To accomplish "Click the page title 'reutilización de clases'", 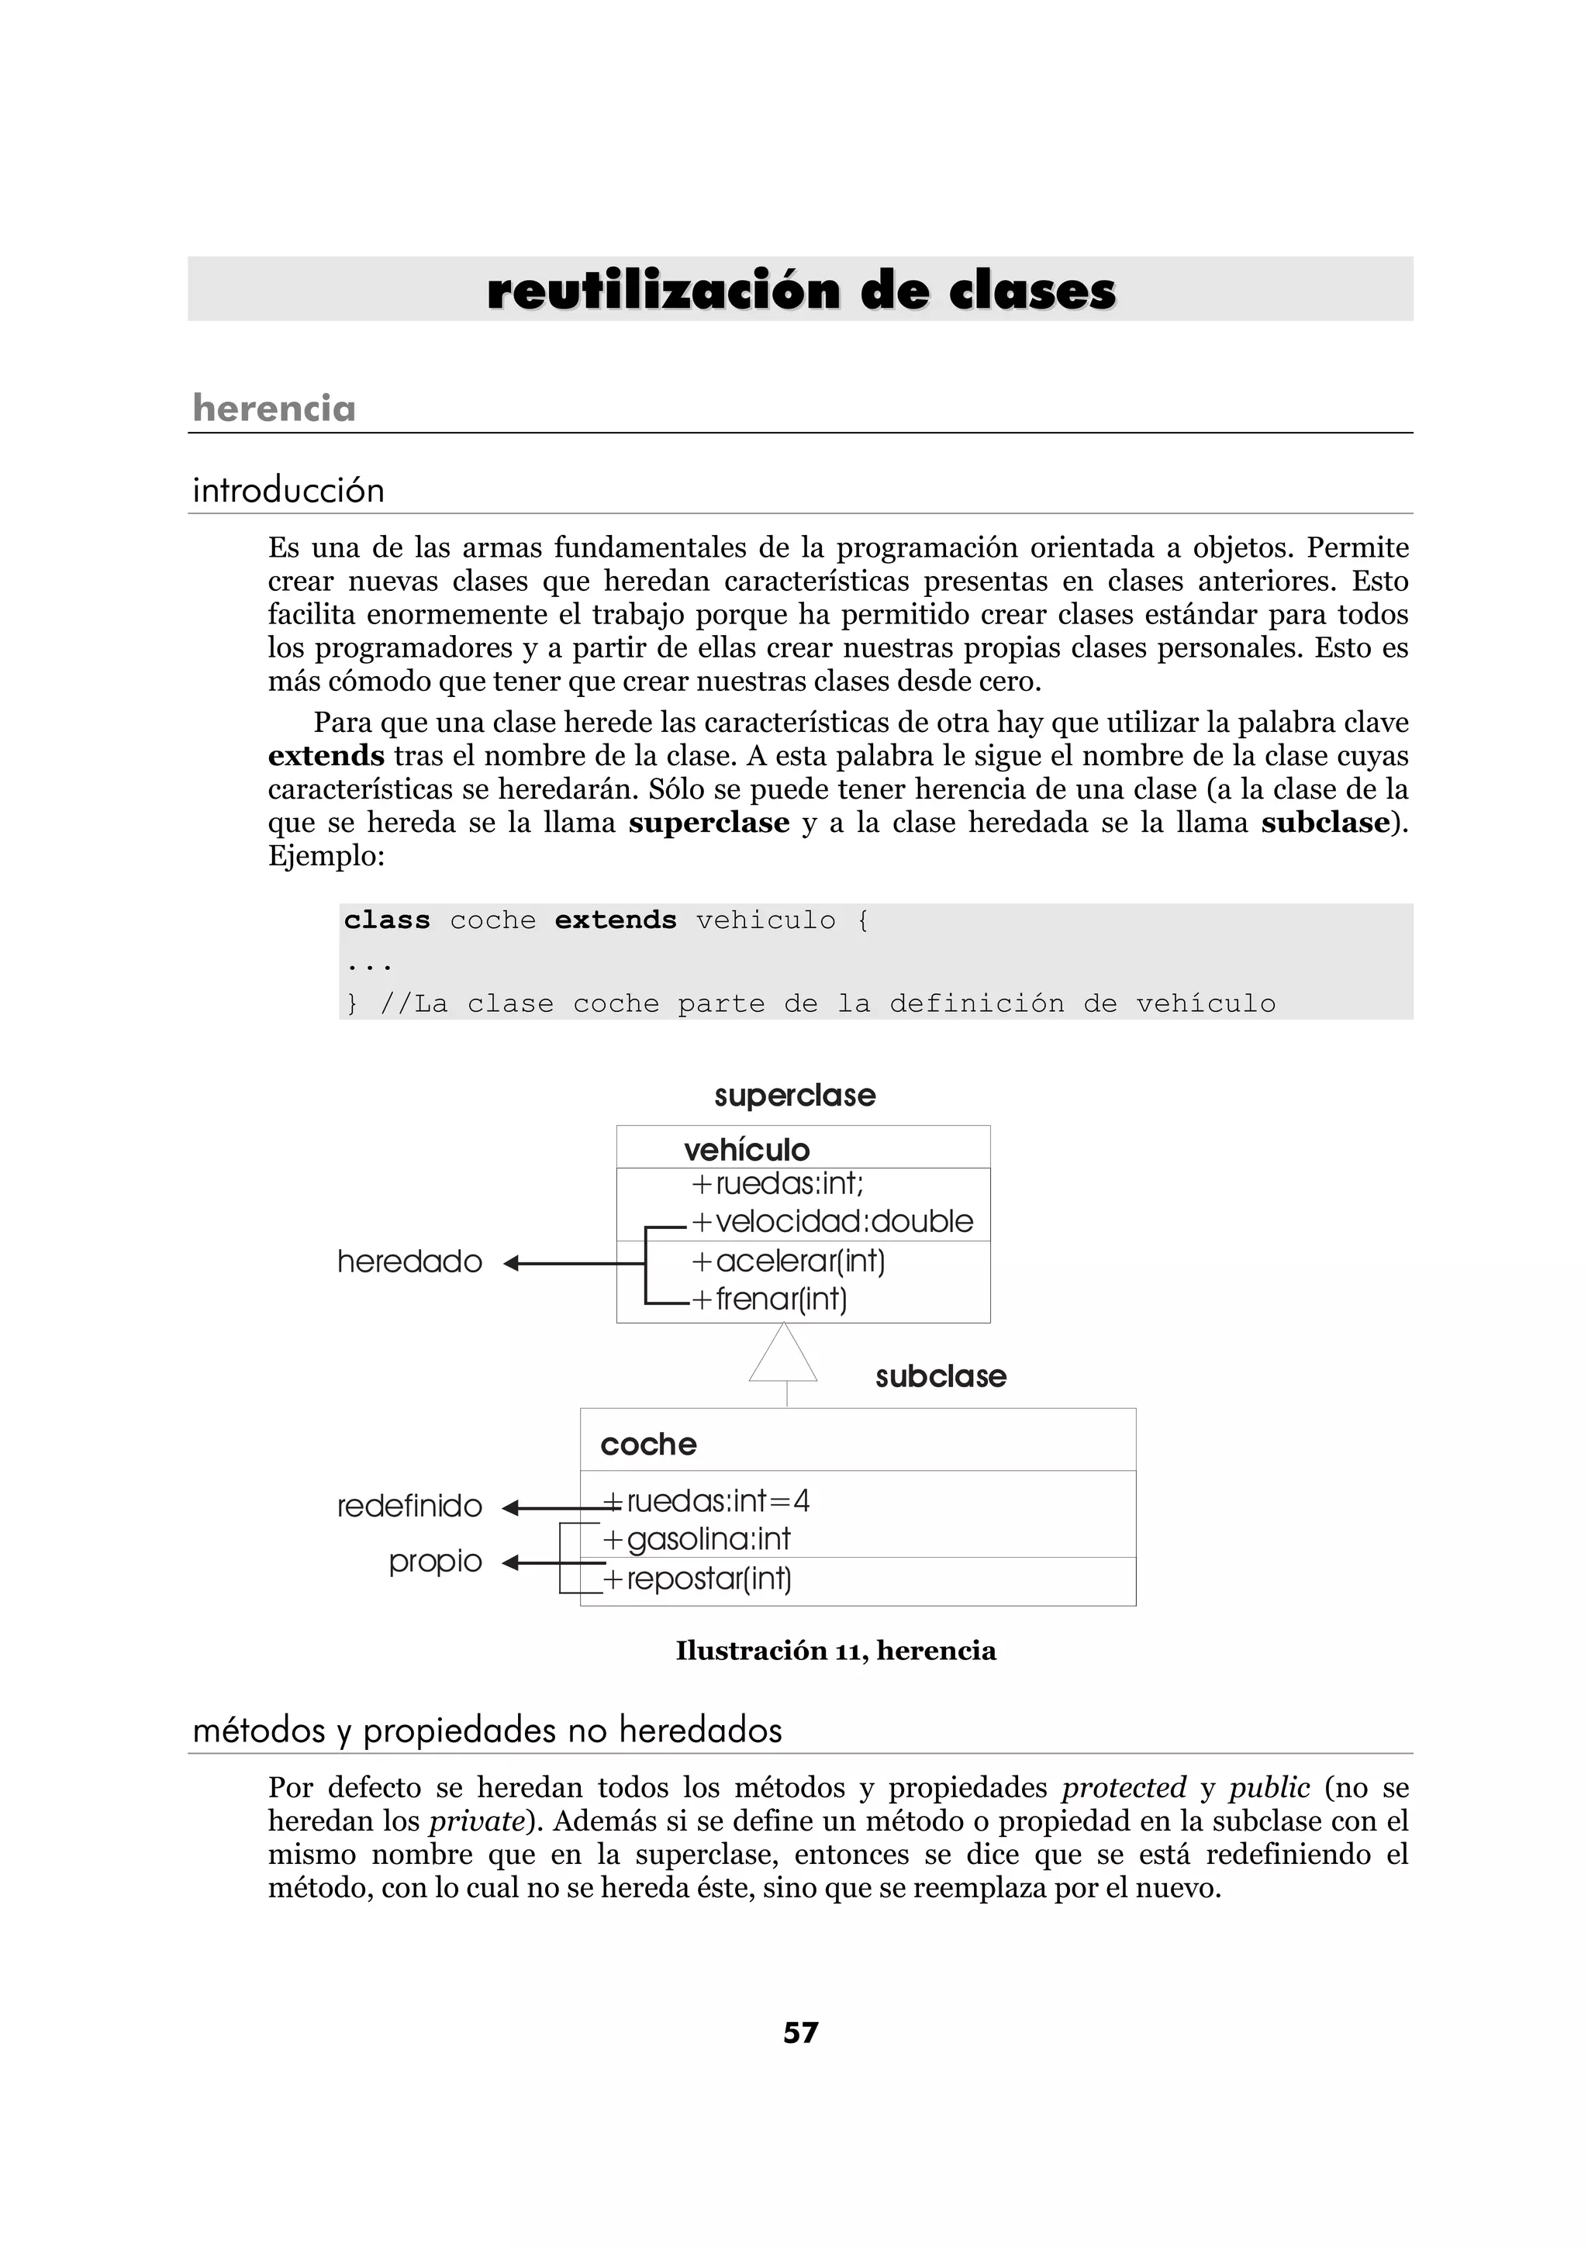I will (x=800, y=292).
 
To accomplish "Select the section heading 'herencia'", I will (x=274, y=408).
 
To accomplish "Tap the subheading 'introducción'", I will (x=288, y=489).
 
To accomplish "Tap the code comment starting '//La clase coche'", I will (x=827, y=1004).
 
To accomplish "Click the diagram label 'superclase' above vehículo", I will (x=795, y=1095).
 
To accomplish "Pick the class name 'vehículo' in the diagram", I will (x=747, y=1149).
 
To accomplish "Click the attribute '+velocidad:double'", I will (x=833, y=1221).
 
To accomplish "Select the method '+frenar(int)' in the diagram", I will (x=769, y=1299).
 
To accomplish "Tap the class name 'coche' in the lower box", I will (x=647, y=1444).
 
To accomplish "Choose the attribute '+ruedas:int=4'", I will (x=707, y=1501).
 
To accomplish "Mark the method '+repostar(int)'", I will (x=698, y=1579).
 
